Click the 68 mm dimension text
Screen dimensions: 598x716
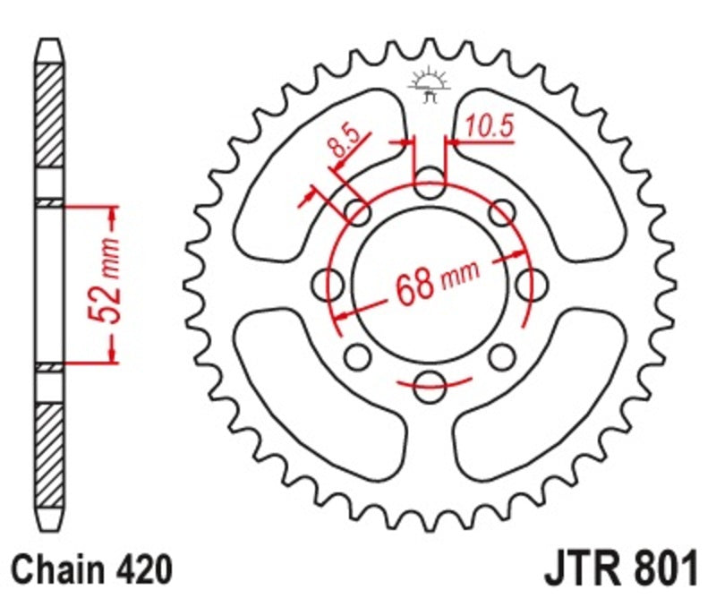tap(435, 285)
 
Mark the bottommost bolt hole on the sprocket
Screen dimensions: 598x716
tap(430, 387)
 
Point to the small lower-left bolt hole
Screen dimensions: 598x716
tap(358, 358)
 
